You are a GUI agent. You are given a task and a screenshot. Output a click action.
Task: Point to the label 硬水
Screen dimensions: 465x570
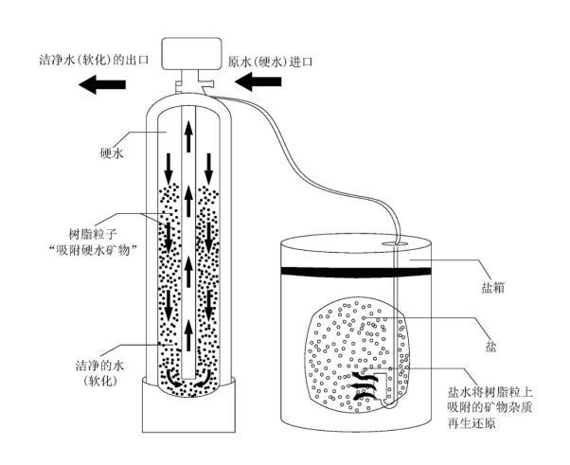111,152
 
